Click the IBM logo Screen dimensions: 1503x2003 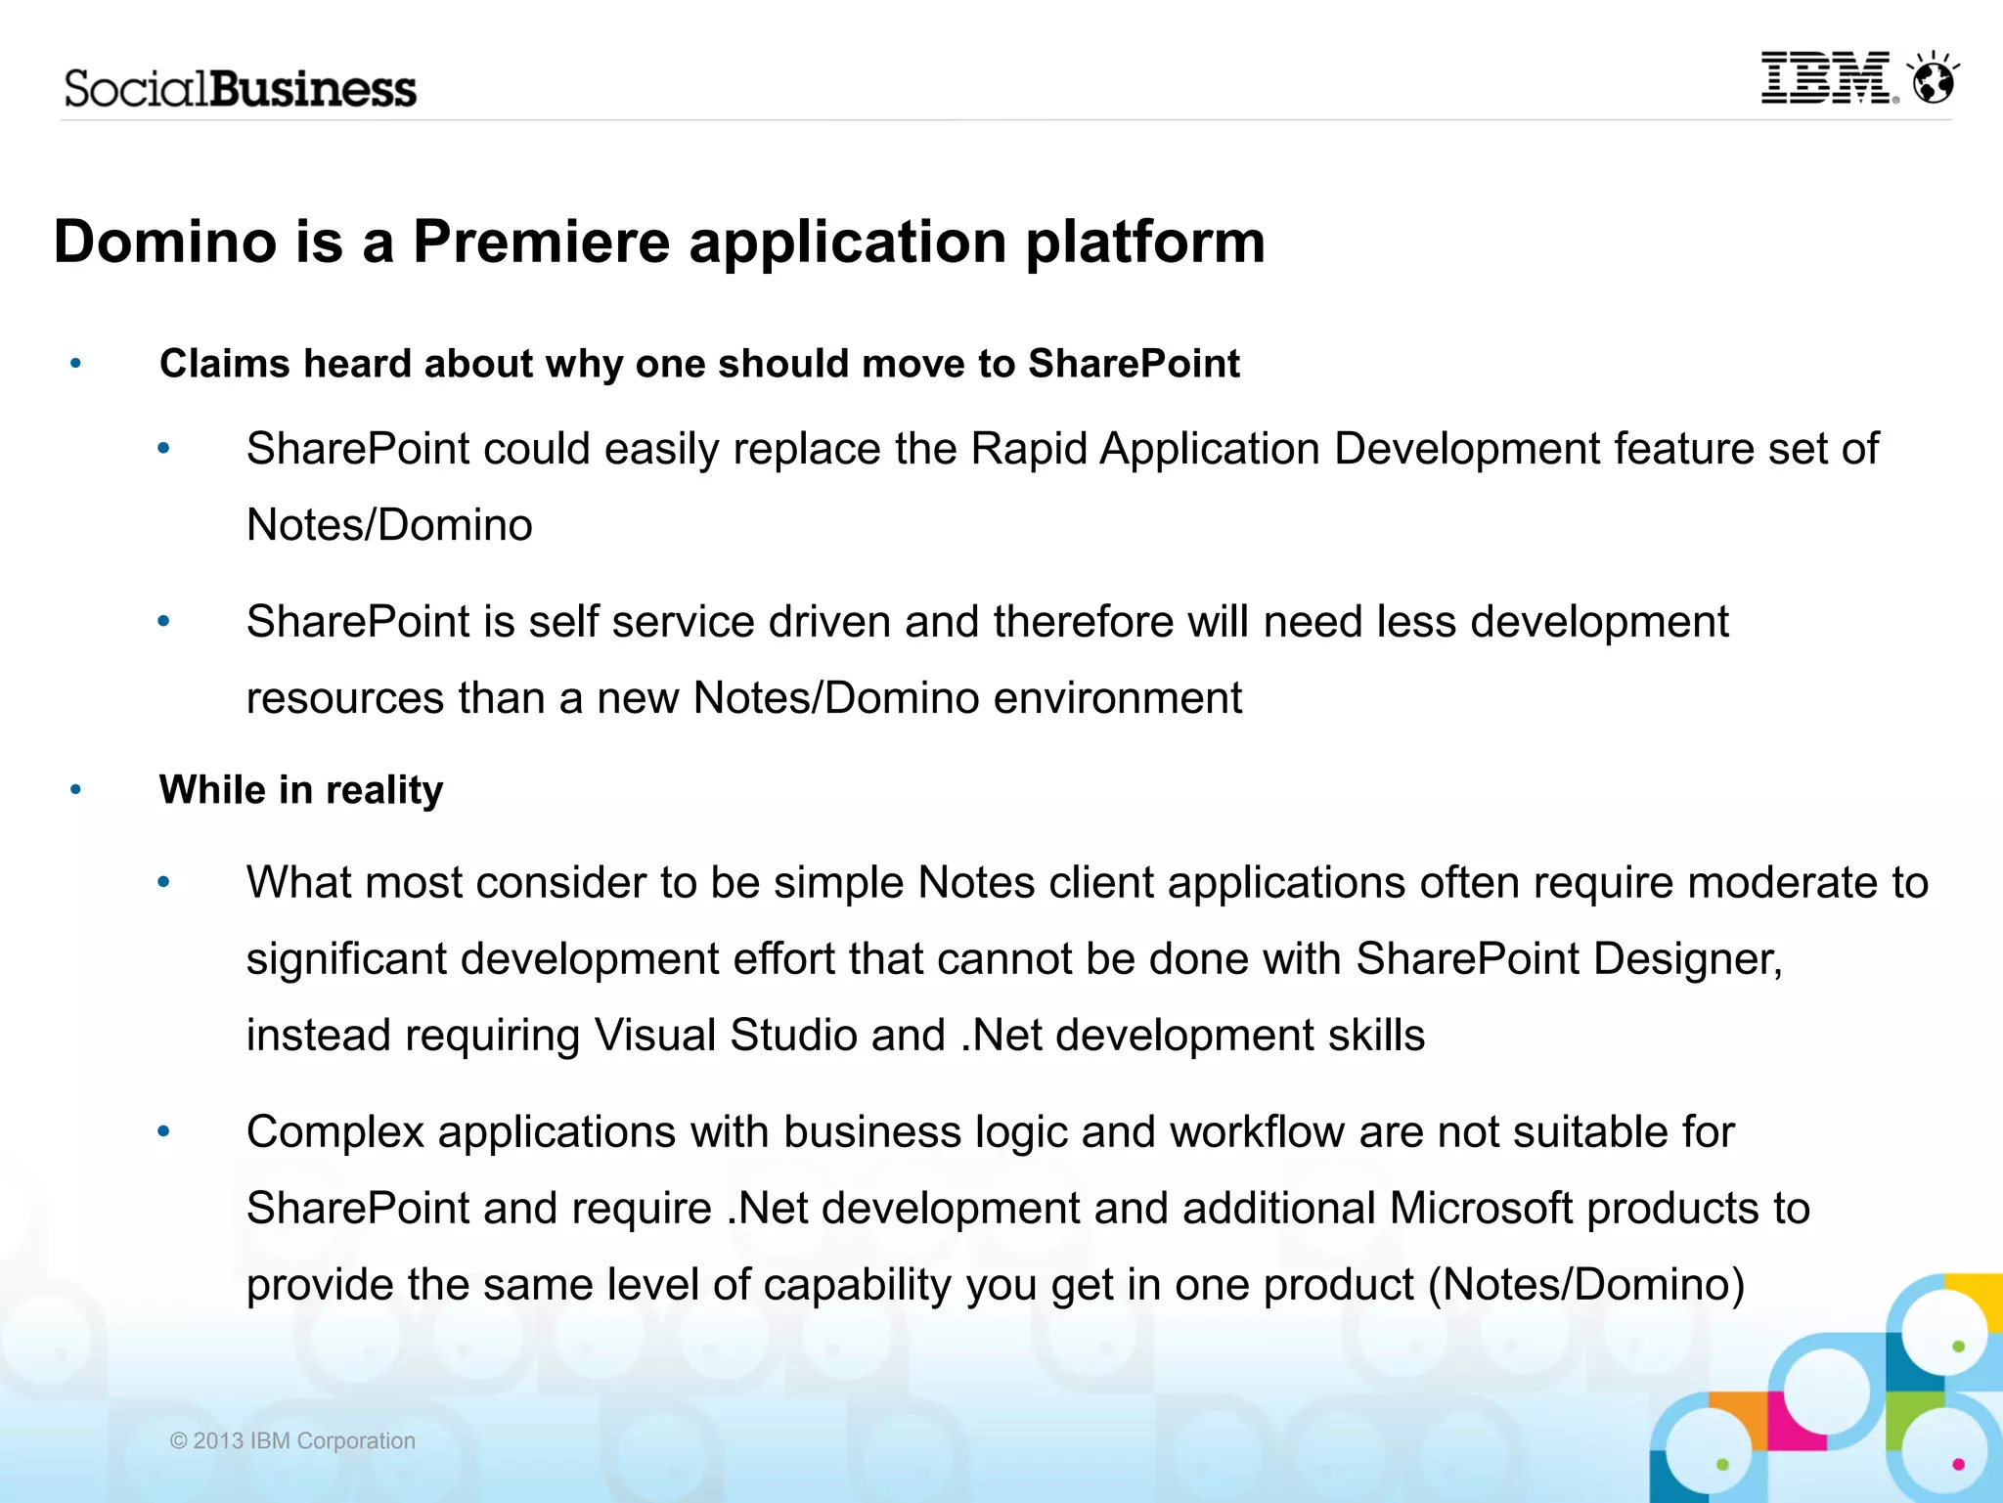(1827, 78)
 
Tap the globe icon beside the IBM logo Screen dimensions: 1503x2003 (1934, 79)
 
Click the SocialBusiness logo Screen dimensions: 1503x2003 (241, 89)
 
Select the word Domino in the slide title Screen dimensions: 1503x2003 (165, 242)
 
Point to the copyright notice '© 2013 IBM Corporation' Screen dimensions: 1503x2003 (292, 1440)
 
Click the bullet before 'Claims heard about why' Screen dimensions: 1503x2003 (76, 364)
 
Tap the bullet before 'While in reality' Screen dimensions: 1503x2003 (76, 789)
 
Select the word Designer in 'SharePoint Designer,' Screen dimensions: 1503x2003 (1686, 958)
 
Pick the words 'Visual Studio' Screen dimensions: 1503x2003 (725, 1035)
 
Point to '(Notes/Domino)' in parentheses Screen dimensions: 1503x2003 (1586, 1284)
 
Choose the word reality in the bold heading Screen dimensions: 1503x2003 (383, 790)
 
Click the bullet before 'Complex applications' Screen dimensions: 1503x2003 (163, 1131)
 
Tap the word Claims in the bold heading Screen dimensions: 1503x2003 (224, 364)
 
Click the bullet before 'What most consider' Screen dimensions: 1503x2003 (163, 882)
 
